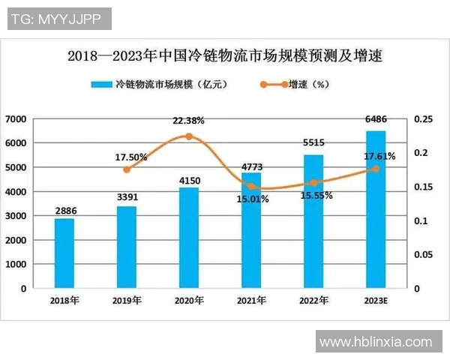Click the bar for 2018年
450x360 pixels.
click(64, 253)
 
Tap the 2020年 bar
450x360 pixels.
click(189, 238)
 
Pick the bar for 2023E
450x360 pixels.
click(376, 210)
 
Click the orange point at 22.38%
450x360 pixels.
click(189, 136)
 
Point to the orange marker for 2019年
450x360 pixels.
click(127, 169)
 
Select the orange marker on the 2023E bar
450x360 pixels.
click(376, 169)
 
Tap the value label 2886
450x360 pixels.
click(64, 211)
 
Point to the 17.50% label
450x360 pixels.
click(131, 157)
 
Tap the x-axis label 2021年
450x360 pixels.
click(251, 301)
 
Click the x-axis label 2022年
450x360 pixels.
click(313, 301)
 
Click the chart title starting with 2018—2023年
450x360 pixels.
click(225, 55)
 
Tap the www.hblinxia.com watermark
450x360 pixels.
click(376, 342)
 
